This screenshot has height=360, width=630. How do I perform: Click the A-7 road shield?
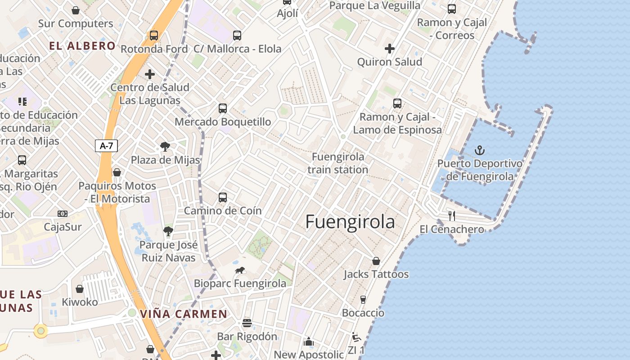tap(107, 145)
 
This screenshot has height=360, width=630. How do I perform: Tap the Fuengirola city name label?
tap(350, 222)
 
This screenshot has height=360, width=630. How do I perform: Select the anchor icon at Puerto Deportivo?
tap(480, 150)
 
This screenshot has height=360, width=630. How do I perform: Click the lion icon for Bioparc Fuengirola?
tap(240, 270)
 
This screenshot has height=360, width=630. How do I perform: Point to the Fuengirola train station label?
tap(338, 163)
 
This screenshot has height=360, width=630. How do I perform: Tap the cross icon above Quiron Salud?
tap(390, 49)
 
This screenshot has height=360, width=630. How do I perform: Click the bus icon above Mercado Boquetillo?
tap(223, 108)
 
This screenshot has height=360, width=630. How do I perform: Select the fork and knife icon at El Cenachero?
tap(452, 216)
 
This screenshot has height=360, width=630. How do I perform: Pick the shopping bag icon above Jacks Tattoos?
tap(376, 261)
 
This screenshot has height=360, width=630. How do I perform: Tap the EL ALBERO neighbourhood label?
tap(82, 46)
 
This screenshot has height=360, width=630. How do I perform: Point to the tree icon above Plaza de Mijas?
tap(165, 146)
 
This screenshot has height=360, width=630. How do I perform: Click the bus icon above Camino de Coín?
tap(223, 198)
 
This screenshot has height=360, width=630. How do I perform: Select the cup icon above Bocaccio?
tap(363, 300)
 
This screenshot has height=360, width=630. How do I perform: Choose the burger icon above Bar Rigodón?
tap(247, 323)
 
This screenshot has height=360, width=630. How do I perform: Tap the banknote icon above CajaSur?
tap(63, 214)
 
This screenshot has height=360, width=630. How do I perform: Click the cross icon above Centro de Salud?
tap(150, 74)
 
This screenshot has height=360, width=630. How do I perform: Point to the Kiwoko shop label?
tap(80, 302)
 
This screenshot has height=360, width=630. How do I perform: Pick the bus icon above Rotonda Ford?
tap(154, 36)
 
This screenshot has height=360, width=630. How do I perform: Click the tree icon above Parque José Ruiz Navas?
tap(168, 232)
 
